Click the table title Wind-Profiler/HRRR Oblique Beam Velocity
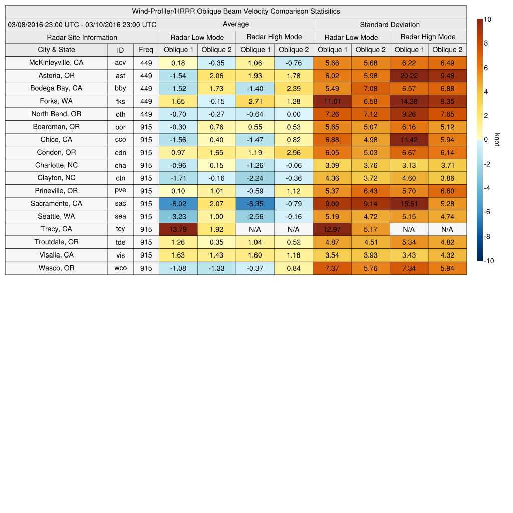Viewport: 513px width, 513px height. [235, 11]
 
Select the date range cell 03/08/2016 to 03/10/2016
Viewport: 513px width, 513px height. [82, 24]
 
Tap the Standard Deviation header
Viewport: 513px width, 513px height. [390, 24]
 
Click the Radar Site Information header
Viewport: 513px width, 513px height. [82, 37]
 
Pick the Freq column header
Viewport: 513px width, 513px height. [146, 50]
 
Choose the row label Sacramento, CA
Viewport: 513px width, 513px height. [56, 204]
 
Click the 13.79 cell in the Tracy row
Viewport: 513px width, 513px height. [178, 229]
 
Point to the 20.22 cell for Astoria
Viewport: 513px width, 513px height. [409, 76]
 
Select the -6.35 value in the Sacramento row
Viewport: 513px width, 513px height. [255, 204]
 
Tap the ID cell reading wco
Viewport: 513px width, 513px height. [120, 268]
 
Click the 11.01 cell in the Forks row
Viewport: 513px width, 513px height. [332, 101]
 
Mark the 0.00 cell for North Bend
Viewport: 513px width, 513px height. [294, 114]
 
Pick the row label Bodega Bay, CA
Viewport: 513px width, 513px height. [56, 88]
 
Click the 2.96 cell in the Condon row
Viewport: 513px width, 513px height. [294, 152]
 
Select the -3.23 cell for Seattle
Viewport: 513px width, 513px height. [178, 216]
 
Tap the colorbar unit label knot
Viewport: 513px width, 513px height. [497, 140]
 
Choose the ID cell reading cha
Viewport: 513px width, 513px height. [120, 165]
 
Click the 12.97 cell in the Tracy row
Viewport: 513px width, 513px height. [332, 229]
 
